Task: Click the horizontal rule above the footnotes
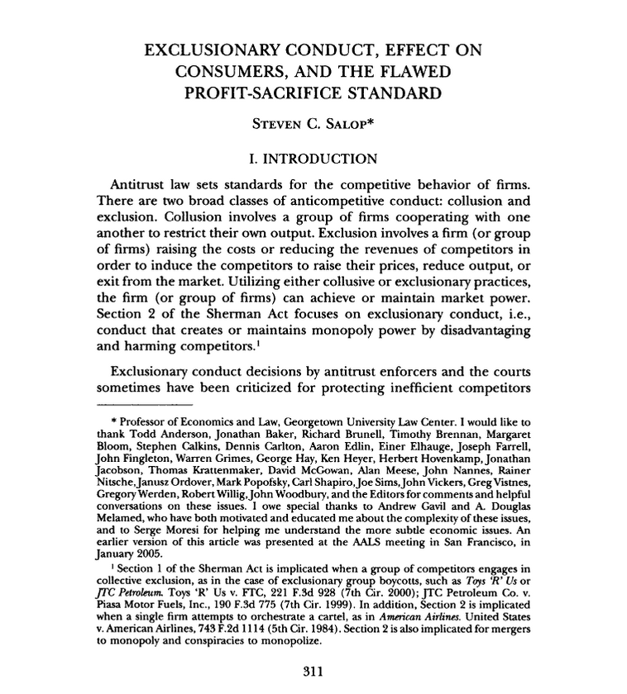pyautogui.click(x=144, y=406)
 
